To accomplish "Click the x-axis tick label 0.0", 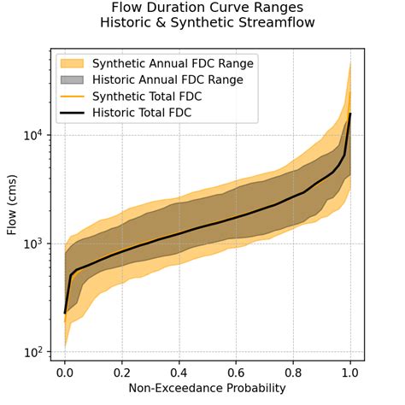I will (65, 373).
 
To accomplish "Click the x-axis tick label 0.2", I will (122, 373).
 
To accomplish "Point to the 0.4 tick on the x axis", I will (179, 373).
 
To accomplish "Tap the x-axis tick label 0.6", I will (237, 373).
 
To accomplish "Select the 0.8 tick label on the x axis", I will (294, 373).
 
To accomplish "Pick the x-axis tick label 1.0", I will (350, 373).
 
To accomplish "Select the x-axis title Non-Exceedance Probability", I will (208, 390).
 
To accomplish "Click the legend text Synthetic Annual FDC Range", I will (175, 63).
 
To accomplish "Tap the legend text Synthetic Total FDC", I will (153, 96).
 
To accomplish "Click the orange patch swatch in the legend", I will (74, 63).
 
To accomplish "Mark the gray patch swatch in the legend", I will (74, 79).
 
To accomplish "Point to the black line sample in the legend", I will (74, 112).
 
